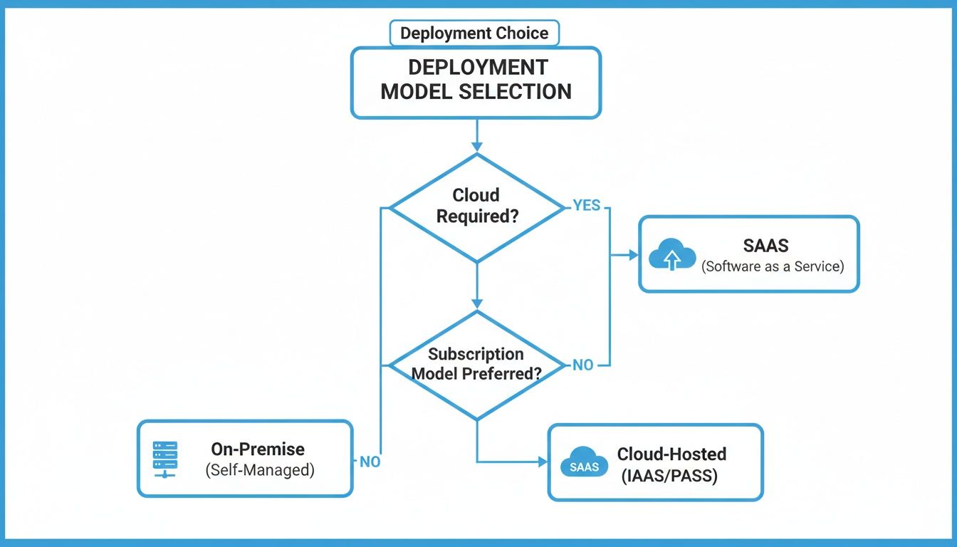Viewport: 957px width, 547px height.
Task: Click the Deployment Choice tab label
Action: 474,33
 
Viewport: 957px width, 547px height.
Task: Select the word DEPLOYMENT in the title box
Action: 477,68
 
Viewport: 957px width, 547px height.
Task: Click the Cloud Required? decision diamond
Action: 476,207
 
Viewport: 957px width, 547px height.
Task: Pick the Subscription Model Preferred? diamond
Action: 476,364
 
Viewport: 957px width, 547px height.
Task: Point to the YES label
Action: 587,206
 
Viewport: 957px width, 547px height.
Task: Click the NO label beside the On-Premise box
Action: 370,462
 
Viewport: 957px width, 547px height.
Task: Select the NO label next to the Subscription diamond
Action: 582,365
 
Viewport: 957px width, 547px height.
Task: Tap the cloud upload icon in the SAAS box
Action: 671,254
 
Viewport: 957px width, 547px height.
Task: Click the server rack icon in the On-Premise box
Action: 165,459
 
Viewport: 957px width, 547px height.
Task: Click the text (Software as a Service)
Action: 772,266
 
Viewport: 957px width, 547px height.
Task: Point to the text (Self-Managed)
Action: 259,470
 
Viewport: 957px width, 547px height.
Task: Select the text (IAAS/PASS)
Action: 669,475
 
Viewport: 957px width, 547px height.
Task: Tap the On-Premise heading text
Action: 258,449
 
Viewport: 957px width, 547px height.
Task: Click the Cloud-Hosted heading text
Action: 671,454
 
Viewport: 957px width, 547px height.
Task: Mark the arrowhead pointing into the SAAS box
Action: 634,255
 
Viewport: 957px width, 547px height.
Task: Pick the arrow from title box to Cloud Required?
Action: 476,135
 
